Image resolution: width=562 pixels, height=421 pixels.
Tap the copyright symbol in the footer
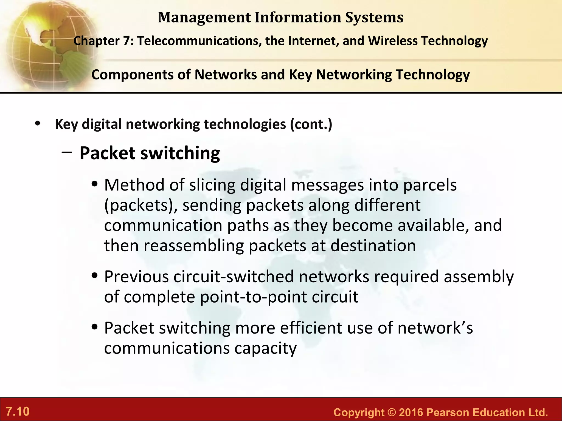392,412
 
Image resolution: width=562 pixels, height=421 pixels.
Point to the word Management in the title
204,17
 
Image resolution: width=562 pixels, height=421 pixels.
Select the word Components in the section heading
132,75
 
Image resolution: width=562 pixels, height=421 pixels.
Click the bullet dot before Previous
95,276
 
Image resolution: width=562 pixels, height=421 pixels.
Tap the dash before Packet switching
67,153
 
